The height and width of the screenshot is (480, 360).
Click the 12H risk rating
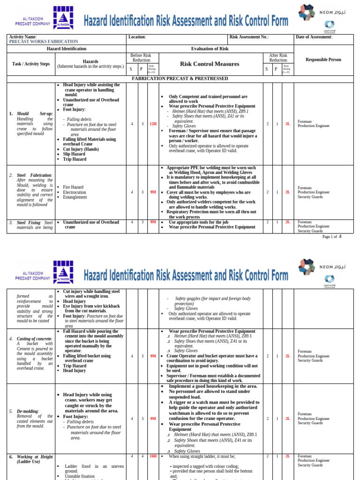[153, 124]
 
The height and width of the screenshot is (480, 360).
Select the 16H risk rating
[153, 456]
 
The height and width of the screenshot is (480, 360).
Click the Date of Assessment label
[314, 37]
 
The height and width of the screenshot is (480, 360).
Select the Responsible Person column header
[323, 60]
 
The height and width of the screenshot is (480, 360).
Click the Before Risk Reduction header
[143, 58]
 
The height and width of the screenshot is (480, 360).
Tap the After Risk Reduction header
[278, 58]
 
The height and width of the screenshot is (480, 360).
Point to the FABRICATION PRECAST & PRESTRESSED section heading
[180, 79]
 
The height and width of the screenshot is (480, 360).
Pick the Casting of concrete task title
[35, 338]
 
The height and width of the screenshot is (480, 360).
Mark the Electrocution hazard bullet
[75, 192]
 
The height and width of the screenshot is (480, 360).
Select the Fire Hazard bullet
[74, 187]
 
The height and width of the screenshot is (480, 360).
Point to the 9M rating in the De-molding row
[153, 419]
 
